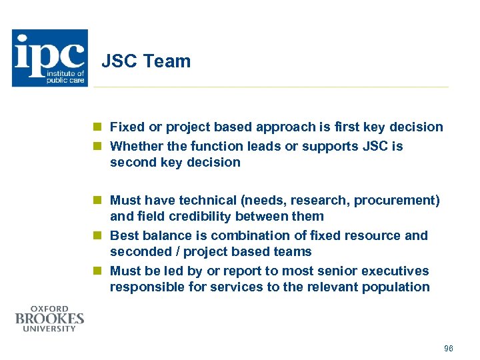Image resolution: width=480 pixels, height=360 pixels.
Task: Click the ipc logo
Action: click(x=50, y=58)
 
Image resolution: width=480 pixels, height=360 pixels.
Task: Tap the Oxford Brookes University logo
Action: click(x=50, y=318)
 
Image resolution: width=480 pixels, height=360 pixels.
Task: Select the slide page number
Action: click(x=448, y=349)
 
